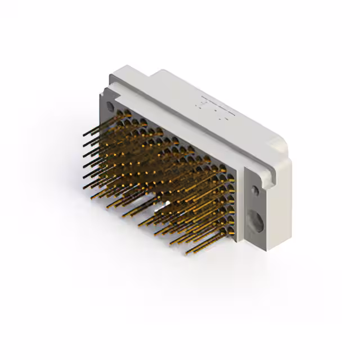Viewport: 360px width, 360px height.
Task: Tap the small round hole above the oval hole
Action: (255, 191)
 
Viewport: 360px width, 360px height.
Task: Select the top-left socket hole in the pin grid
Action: (120, 115)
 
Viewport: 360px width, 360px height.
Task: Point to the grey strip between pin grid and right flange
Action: (238, 202)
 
